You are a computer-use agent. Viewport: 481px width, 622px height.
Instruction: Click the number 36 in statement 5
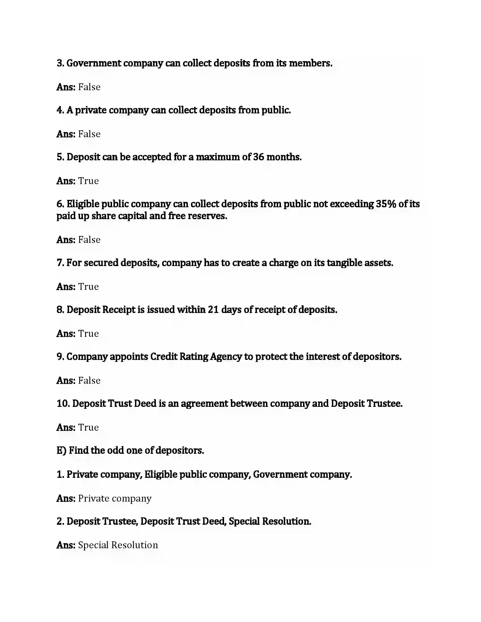pyautogui.click(x=258, y=157)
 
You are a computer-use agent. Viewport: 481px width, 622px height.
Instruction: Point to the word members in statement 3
pyautogui.click(x=310, y=63)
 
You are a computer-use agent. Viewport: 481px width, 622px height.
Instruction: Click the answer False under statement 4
pyautogui.click(x=89, y=134)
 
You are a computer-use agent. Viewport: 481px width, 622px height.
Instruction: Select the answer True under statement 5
pyautogui.click(x=88, y=181)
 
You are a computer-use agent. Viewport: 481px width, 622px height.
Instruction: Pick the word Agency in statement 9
pyautogui.click(x=226, y=357)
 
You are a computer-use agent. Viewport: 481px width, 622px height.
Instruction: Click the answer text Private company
pyautogui.click(x=115, y=498)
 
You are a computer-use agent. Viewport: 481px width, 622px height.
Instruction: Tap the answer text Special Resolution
pyautogui.click(x=118, y=545)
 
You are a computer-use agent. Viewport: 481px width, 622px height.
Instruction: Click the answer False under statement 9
pyautogui.click(x=89, y=381)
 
